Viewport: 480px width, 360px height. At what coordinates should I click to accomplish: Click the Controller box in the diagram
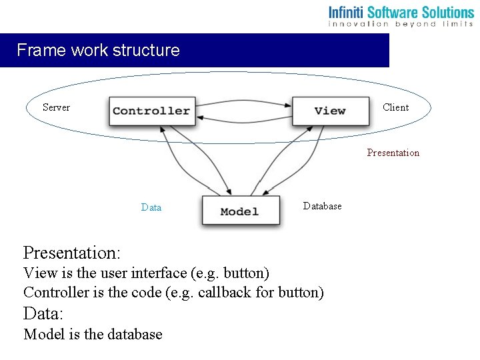tap(151, 111)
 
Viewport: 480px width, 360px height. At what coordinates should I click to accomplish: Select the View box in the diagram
tap(331, 111)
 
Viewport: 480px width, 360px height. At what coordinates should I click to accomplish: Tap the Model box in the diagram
tap(240, 211)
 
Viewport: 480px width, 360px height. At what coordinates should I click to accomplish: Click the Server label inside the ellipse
tap(56, 107)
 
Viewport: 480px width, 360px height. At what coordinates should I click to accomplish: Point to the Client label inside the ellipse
tap(396, 107)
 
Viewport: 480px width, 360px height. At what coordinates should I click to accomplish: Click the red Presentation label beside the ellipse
tap(393, 153)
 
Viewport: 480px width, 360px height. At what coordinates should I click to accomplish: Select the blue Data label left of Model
tap(151, 207)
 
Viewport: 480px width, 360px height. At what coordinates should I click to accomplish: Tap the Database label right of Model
tap(323, 206)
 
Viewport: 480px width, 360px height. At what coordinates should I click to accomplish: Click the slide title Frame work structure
tap(98, 50)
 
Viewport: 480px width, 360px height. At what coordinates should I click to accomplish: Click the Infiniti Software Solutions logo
tap(401, 12)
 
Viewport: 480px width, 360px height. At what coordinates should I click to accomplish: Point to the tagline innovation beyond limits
tap(401, 24)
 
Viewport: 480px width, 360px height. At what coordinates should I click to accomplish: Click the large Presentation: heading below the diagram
tap(72, 253)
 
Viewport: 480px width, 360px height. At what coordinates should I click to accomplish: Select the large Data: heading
tap(43, 313)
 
